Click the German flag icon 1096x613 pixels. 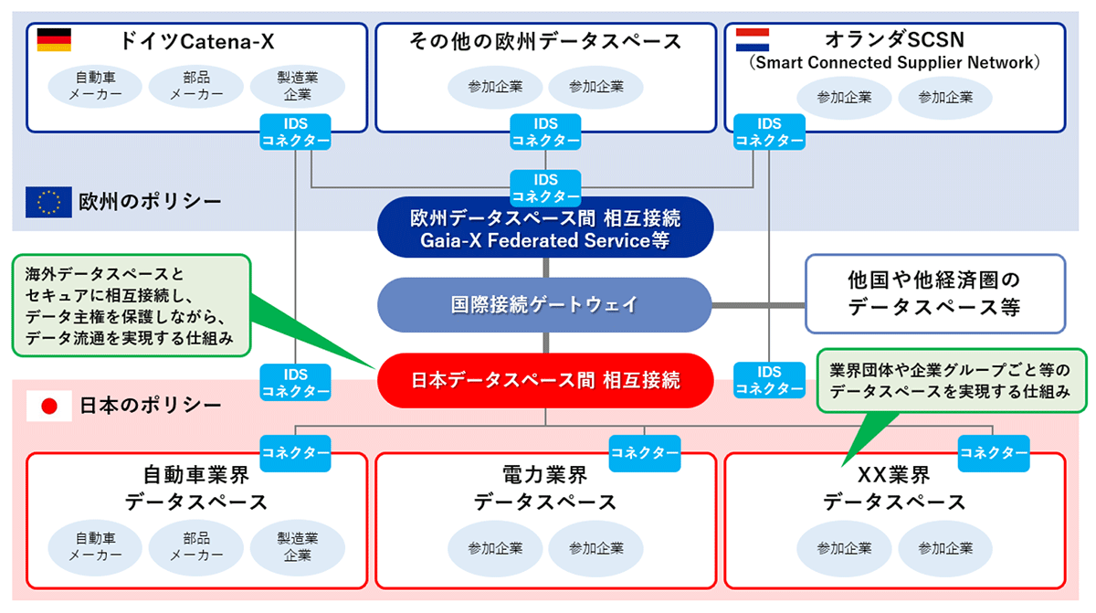point(54,40)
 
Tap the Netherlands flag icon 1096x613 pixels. point(753,40)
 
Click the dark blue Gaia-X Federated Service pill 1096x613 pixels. point(544,228)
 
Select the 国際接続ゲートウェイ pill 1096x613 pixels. point(544,304)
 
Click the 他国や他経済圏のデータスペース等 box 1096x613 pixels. point(934,292)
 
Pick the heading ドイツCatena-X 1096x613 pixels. point(196,41)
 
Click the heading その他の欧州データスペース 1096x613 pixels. point(544,41)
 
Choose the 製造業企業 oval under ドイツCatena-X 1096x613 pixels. point(297,86)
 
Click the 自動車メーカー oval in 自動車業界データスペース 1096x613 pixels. point(96,546)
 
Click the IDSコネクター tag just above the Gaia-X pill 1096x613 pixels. point(545,188)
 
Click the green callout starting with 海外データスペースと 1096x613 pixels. point(131,305)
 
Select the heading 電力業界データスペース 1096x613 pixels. point(544,488)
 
